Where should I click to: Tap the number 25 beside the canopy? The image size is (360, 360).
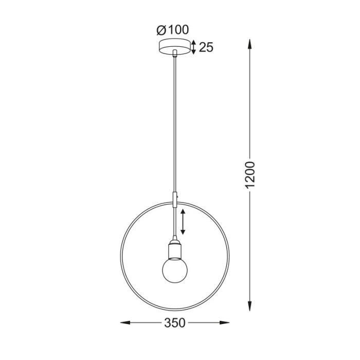[x=206, y=48]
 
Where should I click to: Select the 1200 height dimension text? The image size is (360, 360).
[x=250, y=174]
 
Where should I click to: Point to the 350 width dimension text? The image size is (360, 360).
[x=175, y=323]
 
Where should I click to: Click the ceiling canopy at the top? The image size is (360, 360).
[x=175, y=47]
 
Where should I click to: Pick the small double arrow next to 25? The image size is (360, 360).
[x=193, y=47]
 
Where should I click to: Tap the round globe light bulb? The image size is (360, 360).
[x=175, y=269]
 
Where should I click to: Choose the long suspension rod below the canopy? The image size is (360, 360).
[x=175, y=123]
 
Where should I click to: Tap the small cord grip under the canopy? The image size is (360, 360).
[x=175, y=53]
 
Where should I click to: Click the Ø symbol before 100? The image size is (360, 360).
[x=160, y=30]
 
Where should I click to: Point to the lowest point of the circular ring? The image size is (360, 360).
[x=175, y=310]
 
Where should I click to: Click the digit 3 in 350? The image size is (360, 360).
[x=168, y=323]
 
